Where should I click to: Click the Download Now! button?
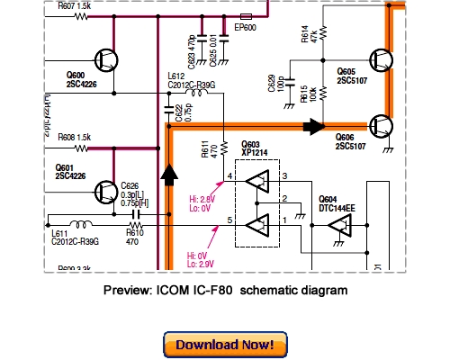point(225,345)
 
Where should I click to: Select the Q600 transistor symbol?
point(107,60)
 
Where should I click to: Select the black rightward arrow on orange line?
point(312,126)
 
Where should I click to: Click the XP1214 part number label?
point(256,154)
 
